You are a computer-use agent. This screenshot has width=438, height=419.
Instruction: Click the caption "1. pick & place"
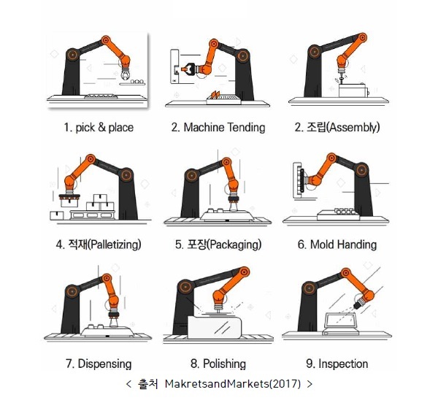[x=99, y=128]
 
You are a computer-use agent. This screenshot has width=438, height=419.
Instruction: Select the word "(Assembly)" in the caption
[x=353, y=127]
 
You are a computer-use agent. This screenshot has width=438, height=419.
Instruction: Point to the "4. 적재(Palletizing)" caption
[x=99, y=245]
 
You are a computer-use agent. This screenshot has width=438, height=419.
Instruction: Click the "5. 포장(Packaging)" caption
[x=218, y=245]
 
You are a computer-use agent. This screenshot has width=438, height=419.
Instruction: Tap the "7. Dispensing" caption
[x=99, y=364]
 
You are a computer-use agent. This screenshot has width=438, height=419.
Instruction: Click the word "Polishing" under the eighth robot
[x=224, y=364]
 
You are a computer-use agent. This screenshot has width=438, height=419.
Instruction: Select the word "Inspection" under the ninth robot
[x=343, y=364]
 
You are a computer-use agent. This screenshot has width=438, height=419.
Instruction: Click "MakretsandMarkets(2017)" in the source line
[x=233, y=384]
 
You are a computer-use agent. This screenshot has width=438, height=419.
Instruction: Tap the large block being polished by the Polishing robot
[x=214, y=327]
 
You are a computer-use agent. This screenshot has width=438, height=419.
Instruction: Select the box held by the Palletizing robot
[x=69, y=201]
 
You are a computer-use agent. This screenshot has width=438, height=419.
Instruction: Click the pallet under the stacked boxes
[x=93, y=215]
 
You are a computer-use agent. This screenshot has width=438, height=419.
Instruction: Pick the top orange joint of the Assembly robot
[x=362, y=38]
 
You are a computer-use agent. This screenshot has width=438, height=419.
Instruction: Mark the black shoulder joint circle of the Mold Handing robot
[x=361, y=169]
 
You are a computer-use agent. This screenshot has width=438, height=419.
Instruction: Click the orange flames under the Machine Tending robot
[x=215, y=95]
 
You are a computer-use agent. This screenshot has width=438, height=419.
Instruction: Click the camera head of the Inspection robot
[x=358, y=304]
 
